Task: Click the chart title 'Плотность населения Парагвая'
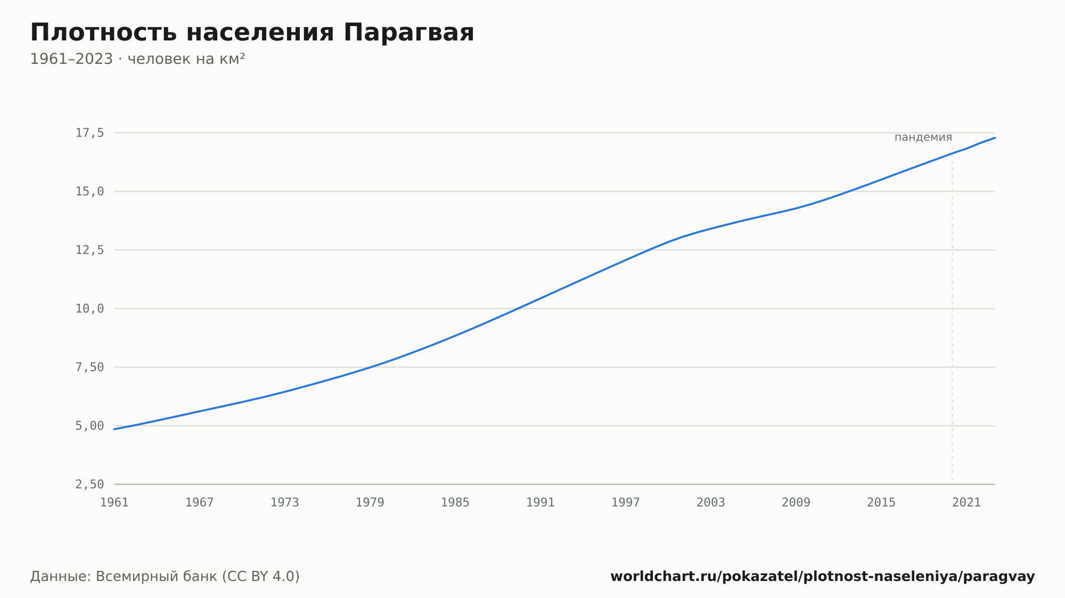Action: (252, 33)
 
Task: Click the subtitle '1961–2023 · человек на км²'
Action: (137, 59)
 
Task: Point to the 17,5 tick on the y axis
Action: (89, 133)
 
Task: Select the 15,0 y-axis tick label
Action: (89, 192)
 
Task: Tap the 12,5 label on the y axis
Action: (89, 250)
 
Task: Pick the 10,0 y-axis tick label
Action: (89, 309)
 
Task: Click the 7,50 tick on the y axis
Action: (89, 367)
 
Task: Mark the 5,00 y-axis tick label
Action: (89, 426)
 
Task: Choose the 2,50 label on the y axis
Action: (89, 484)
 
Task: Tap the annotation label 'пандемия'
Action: (923, 137)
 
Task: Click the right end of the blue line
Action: (995, 138)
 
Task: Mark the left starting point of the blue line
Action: (114, 429)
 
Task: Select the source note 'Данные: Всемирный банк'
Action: (124, 577)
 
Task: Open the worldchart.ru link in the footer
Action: (823, 577)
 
